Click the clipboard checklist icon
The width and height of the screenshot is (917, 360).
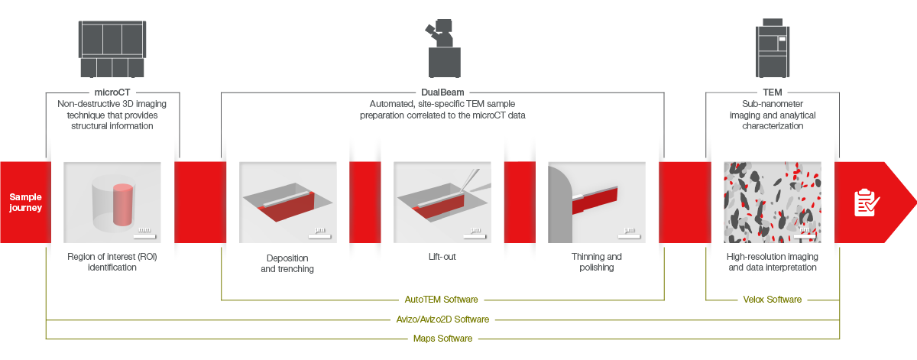pyautogui.click(x=866, y=203)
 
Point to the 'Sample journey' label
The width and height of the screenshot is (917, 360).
pyautogui.click(x=25, y=202)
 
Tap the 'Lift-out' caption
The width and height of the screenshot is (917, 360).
pyautogui.click(x=442, y=257)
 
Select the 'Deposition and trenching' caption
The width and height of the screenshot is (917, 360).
pyautogui.click(x=287, y=263)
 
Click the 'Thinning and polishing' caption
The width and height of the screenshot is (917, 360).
pyautogui.click(x=596, y=262)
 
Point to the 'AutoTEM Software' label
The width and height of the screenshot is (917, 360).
pyautogui.click(x=442, y=300)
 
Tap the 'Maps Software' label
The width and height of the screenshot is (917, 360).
pyautogui.click(x=442, y=338)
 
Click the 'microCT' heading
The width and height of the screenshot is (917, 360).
pyautogui.click(x=112, y=92)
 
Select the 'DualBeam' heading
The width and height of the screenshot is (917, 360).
pyautogui.click(x=442, y=92)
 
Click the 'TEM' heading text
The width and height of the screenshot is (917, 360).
pyautogui.click(x=772, y=92)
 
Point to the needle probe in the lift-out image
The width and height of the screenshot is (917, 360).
pyautogui.click(x=471, y=182)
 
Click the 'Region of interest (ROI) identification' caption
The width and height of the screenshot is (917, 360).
pyautogui.click(x=112, y=262)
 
